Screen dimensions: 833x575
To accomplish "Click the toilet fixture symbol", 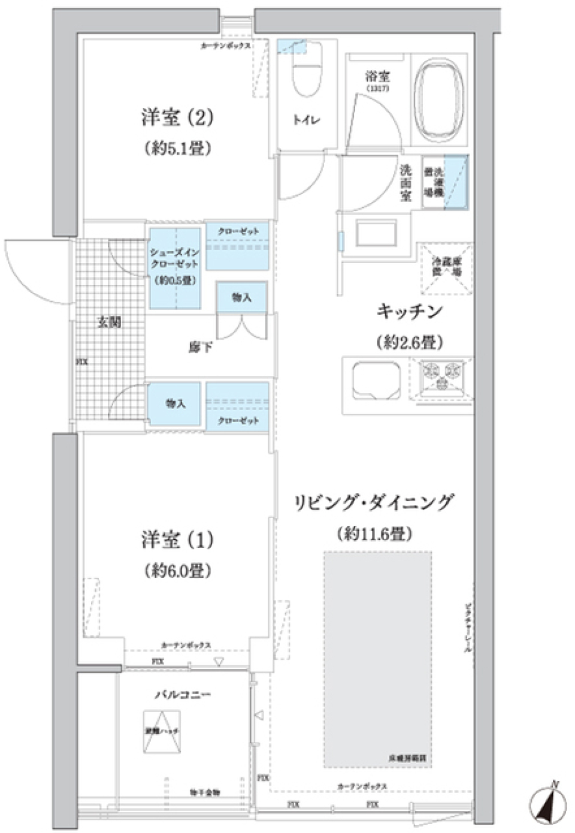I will [306, 71].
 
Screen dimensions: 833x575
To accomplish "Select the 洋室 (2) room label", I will [177, 118].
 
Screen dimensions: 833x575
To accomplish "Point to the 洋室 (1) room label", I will [177, 540].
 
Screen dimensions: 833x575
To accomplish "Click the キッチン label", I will [409, 311].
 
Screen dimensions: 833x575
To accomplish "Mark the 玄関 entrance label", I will [110, 323].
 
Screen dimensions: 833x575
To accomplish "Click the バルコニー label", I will [183, 695].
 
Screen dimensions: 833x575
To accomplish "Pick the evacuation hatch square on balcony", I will [162, 731].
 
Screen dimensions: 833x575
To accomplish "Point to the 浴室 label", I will [378, 77].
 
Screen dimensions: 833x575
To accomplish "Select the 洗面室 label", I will [405, 183].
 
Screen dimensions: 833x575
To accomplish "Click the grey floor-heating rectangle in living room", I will [377, 659].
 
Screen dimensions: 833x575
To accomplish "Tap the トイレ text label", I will [305, 120].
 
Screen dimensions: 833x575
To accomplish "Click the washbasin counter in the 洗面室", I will [376, 232].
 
